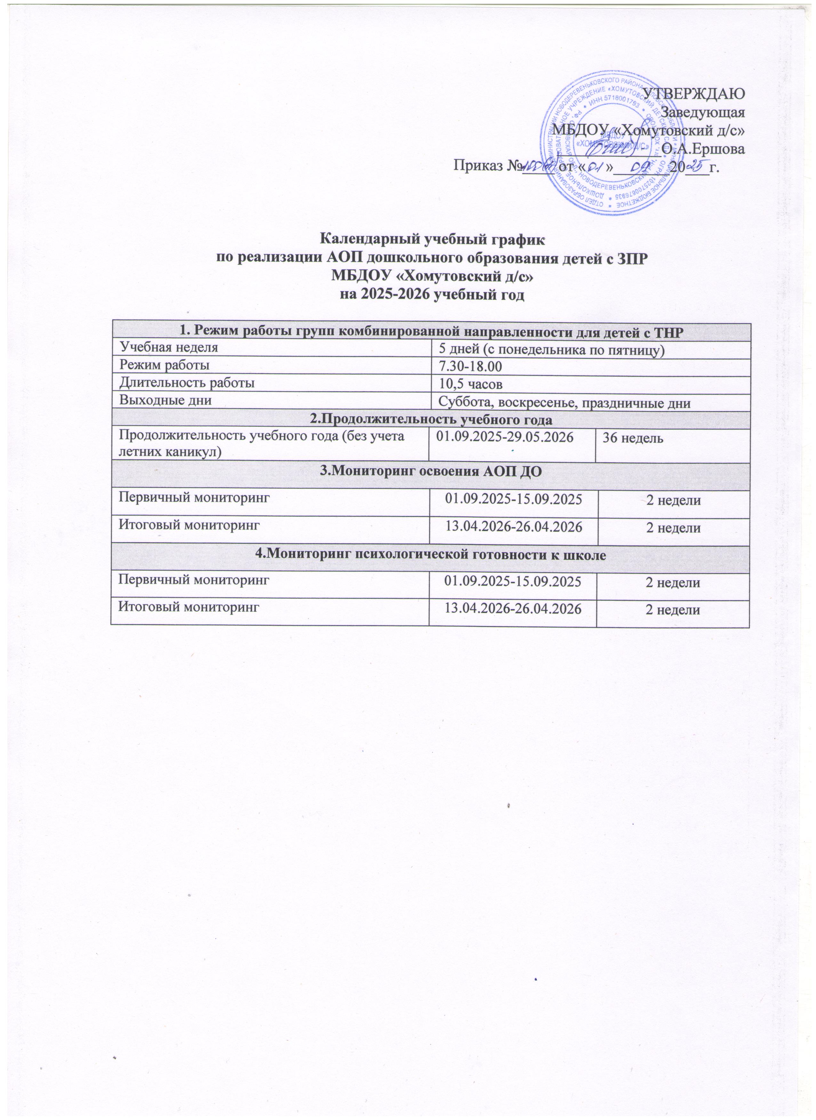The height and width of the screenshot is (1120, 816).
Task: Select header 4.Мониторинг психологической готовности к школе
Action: coord(430,554)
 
